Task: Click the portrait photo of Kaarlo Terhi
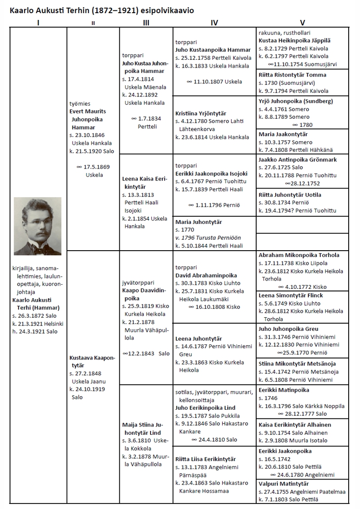(x=38, y=226)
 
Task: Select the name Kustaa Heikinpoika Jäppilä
(x=294, y=41)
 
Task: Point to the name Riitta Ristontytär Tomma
(x=292, y=75)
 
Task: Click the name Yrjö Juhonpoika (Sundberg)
(x=296, y=101)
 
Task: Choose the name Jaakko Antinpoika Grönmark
(x=297, y=160)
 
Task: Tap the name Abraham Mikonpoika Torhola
(x=299, y=255)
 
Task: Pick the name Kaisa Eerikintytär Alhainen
(x=295, y=425)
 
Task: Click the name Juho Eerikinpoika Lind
(x=205, y=407)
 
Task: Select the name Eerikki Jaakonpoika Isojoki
(x=211, y=173)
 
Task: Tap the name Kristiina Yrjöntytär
(x=201, y=113)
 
